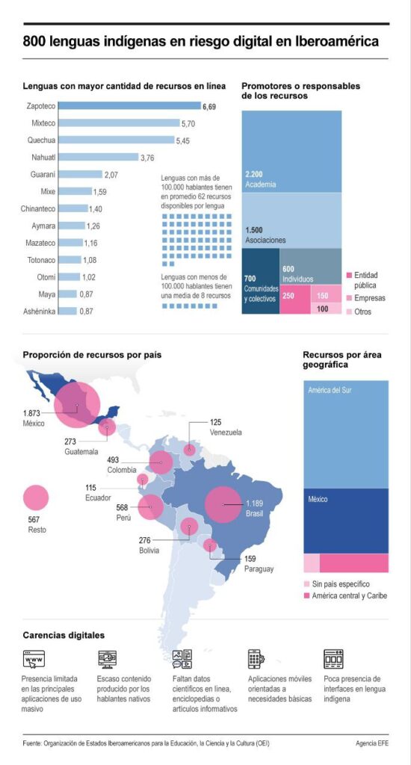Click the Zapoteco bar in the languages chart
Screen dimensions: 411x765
tap(129, 106)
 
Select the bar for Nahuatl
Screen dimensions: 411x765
tap(99, 157)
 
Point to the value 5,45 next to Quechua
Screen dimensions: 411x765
tap(182, 140)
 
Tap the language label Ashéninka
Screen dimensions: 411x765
tap(40, 312)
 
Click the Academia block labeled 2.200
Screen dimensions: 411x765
tap(291, 151)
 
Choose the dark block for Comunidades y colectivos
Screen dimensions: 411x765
tap(261, 281)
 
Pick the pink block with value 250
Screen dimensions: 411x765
tap(295, 300)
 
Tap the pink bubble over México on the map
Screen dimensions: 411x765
tap(77, 404)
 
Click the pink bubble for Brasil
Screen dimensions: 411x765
tap(223, 504)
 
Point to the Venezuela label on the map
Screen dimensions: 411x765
tap(226, 433)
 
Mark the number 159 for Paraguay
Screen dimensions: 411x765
tap(250, 559)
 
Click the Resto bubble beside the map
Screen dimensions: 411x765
tap(36, 498)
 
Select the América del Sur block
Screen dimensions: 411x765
tap(346, 434)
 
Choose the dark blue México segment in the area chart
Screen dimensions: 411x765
tap(346, 521)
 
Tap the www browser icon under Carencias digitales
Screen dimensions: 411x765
tap(34, 659)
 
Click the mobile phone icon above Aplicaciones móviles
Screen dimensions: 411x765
tap(256, 659)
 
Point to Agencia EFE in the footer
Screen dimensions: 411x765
tap(372, 743)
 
